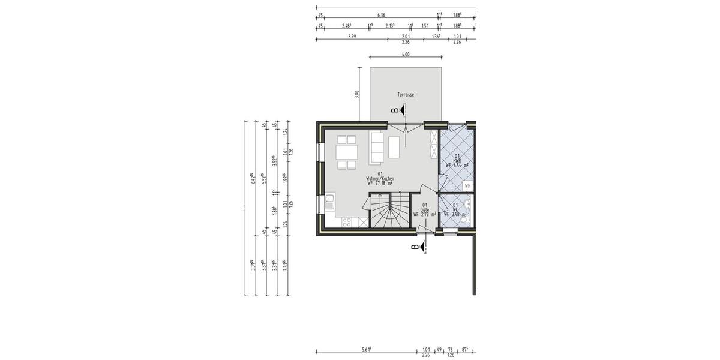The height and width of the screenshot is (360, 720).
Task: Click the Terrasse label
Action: click(406, 95)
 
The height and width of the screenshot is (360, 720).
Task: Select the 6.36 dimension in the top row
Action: click(382, 14)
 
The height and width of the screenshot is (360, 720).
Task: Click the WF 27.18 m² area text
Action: click(379, 184)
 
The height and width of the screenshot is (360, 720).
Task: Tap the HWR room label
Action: click(457, 160)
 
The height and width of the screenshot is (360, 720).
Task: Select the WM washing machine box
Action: click(468, 187)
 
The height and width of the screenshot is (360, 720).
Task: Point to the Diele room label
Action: click(425, 209)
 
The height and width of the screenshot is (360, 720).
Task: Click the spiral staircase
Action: click(388, 212)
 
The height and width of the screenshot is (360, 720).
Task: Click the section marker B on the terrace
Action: click(395, 110)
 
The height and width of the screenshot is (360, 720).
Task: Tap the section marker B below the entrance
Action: click(414, 246)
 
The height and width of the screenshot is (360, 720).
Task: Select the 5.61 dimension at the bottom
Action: click(365, 349)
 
